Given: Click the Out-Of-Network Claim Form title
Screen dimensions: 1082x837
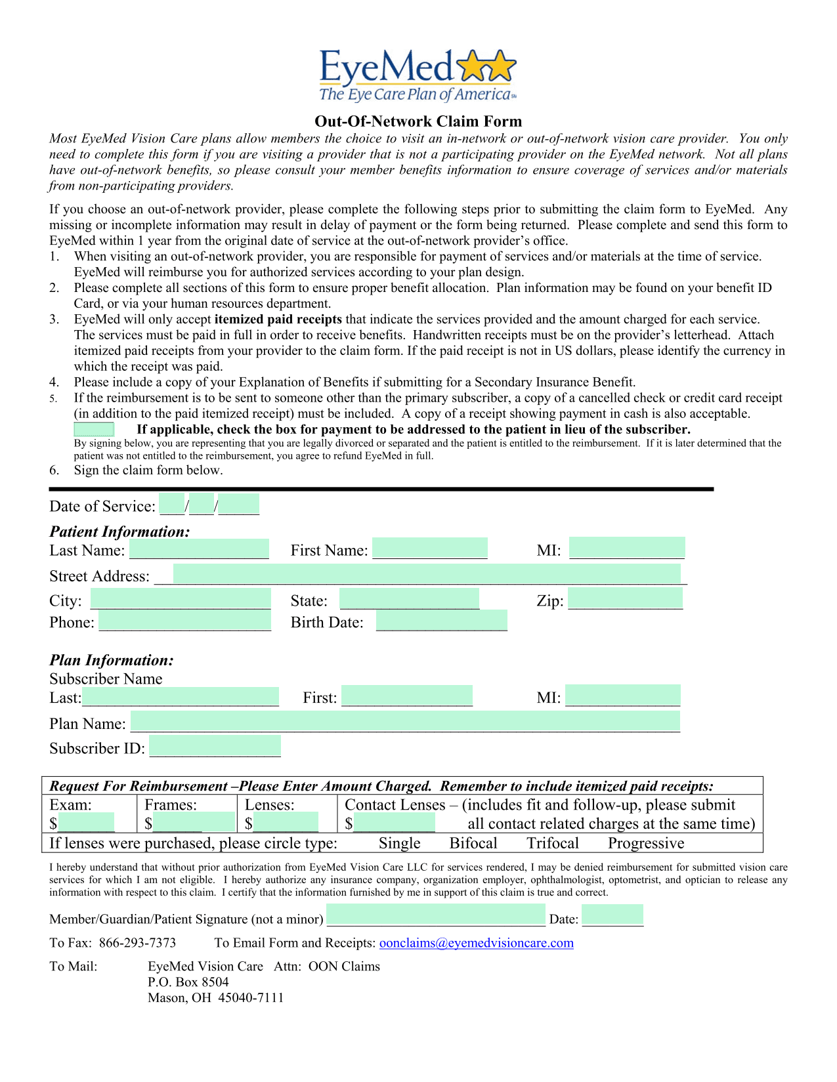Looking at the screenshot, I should [418, 121].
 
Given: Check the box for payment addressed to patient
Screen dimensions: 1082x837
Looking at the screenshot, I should [94, 430].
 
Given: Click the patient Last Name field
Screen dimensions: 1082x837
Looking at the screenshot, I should [199, 549].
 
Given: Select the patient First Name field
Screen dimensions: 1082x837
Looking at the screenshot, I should [430, 549].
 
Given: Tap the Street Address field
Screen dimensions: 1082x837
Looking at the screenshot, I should [427, 574].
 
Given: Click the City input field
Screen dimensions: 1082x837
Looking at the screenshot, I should [181, 598].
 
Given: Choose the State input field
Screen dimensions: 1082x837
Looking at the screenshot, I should [410, 598].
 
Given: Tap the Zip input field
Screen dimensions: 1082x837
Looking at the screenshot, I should [626, 598].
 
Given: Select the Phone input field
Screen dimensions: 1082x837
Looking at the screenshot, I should [185, 621].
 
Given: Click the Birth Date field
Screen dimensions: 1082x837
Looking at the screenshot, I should [442, 621].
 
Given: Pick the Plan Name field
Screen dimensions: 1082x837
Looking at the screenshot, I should [405, 722].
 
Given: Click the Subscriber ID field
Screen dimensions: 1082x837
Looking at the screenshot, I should [215, 746].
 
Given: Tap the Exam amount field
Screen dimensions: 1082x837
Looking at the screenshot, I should [86, 822].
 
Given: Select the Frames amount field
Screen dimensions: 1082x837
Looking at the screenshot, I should [194, 822].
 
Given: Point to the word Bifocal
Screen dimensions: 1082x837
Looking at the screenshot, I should [473, 843].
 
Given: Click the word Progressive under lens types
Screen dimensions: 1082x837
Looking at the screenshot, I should [646, 843].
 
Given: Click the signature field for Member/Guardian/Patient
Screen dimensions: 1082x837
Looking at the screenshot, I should [436, 915].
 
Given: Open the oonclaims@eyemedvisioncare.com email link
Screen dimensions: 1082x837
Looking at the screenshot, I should [477, 943].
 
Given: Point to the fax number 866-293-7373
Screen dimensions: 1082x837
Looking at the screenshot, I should [138, 943].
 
